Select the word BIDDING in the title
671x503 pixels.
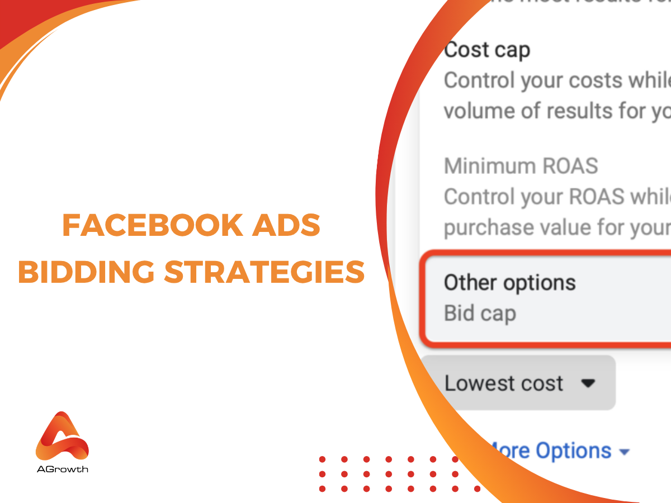[x=87, y=272]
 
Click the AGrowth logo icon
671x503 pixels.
[x=62, y=436]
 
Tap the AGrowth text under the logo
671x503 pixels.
[x=62, y=469]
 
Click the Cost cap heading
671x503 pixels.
[x=486, y=50]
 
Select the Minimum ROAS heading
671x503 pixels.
[x=521, y=166]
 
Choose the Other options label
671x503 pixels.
[x=509, y=283]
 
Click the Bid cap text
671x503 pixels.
[x=480, y=314]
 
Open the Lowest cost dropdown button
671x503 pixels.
[x=518, y=383]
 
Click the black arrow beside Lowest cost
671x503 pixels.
[x=587, y=384]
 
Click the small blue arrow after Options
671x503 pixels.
[x=624, y=452]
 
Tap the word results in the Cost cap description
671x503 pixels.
[x=578, y=111]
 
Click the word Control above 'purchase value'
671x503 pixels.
[x=479, y=197]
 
